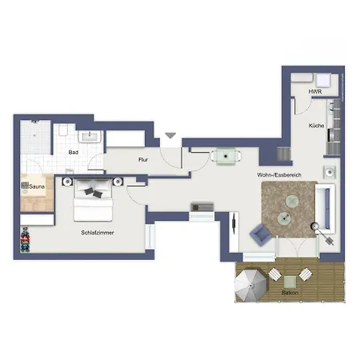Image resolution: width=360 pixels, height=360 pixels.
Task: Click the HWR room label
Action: [x=315, y=91]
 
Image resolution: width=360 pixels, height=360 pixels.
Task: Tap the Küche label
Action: [x=317, y=126]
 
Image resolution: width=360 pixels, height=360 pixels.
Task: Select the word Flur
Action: [x=143, y=160]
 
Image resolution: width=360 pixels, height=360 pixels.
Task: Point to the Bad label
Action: [x=74, y=152]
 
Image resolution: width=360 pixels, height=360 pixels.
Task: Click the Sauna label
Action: [x=37, y=186]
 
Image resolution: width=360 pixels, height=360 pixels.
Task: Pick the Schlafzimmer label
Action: [x=98, y=233]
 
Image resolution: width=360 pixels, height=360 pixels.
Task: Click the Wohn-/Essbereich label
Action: [x=279, y=175]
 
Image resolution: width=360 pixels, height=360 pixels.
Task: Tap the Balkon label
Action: [x=290, y=293]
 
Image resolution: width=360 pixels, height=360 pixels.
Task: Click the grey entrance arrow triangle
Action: [x=170, y=135]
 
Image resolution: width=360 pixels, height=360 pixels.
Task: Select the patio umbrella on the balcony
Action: [x=250, y=286]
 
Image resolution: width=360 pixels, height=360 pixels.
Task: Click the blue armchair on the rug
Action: [x=260, y=234]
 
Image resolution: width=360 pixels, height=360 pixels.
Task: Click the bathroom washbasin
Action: [x=90, y=137]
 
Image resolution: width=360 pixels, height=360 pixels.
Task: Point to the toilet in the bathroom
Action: [x=64, y=130]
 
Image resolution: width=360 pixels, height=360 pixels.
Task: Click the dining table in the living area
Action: [x=226, y=156]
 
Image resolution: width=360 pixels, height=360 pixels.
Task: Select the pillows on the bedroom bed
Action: [x=94, y=193]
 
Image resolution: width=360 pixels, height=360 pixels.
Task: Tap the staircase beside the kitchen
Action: [x=284, y=154]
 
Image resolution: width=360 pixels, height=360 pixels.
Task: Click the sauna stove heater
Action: [x=25, y=185]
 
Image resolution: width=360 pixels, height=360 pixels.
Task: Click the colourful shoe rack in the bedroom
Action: [x=25, y=239]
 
